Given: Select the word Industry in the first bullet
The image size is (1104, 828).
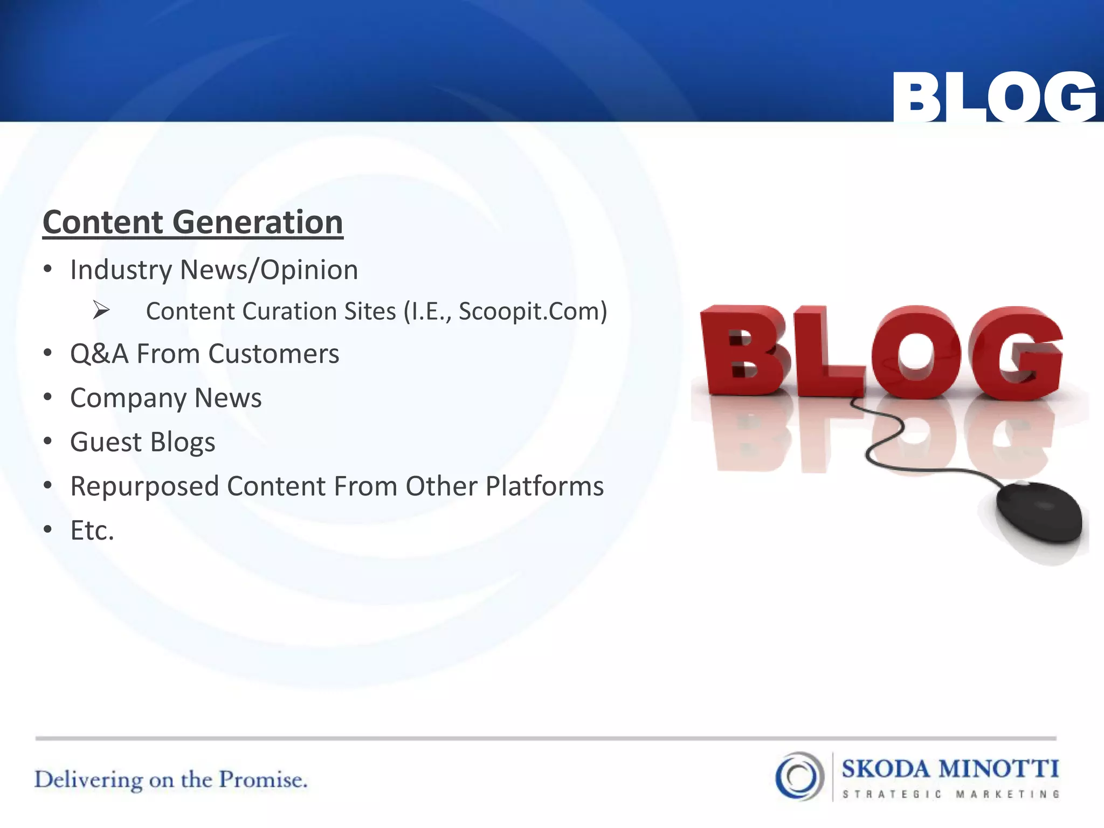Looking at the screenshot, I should point(122,270).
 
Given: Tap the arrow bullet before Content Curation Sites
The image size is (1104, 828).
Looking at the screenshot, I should point(101,310).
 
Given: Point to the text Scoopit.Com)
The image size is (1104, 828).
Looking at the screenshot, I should point(533,311).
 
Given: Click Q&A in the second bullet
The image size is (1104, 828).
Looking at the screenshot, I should point(99,354).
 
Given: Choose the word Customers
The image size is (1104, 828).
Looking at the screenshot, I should point(273,354).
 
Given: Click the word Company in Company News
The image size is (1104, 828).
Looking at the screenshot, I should point(128,398).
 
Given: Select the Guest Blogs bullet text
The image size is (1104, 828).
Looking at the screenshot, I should point(142,442).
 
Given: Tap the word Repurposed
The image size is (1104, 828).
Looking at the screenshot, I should point(145,487).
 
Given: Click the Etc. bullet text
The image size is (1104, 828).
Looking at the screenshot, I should point(92,530).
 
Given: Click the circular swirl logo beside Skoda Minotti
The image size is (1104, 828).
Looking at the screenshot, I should point(799,776).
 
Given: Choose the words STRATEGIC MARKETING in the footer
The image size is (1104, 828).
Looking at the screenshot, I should point(950,794).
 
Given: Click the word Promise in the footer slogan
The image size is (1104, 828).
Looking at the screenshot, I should point(263,780).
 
